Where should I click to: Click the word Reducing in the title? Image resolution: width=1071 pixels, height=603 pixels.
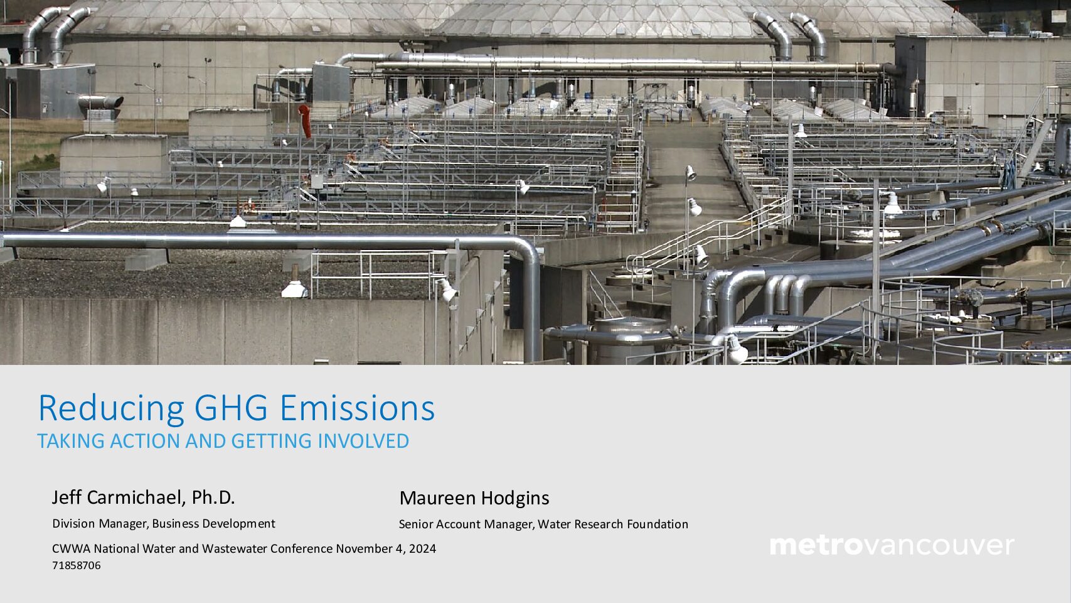pyautogui.click(x=112, y=409)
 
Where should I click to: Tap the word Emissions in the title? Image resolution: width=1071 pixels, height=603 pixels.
pyautogui.click(x=357, y=408)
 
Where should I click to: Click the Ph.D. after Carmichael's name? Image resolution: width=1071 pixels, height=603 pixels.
pyautogui.click(x=213, y=497)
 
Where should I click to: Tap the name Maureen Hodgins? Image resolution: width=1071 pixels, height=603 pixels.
pyautogui.click(x=474, y=499)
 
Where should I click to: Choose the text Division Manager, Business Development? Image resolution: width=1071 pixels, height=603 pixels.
pyautogui.click(x=164, y=524)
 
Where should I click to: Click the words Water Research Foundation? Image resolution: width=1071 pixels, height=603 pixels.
pyautogui.click(x=613, y=524)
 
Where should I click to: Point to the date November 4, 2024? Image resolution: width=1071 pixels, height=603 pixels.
pyautogui.click(x=386, y=549)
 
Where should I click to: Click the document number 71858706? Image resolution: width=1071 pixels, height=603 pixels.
pyautogui.click(x=77, y=566)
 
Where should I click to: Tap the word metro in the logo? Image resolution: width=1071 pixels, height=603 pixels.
pyautogui.click(x=817, y=546)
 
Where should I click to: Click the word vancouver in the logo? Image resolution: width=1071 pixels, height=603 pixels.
pyautogui.click(x=939, y=546)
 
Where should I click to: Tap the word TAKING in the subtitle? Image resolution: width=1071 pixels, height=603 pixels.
pyautogui.click(x=71, y=441)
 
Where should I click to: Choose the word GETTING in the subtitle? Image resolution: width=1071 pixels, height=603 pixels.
pyautogui.click(x=272, y=441)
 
